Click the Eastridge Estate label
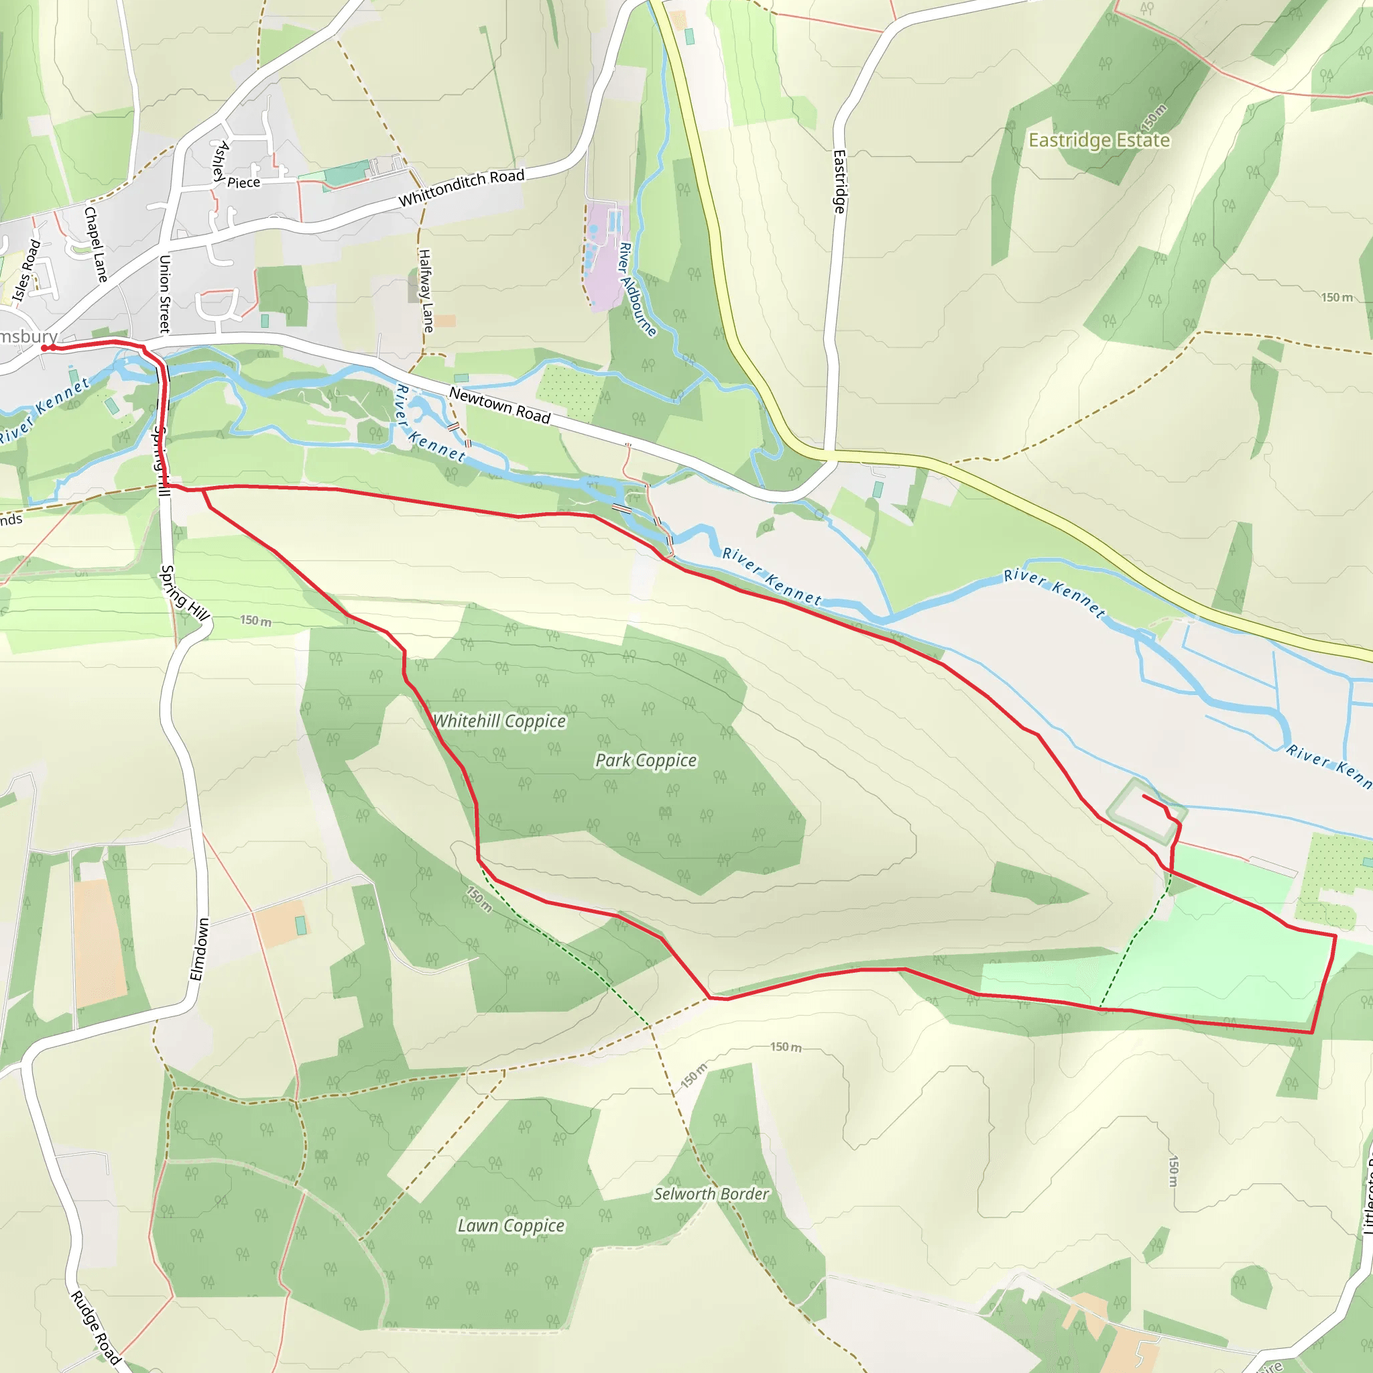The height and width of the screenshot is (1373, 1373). pyautogui.click(x=1099, y=140)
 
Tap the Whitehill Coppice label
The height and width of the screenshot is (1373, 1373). pyautogui.click(x=499, y=721)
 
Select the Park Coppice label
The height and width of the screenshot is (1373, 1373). pyautogui.click(x=646, y=760)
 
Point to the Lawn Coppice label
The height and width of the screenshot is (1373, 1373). pyautogui.click(x=510, y=1226)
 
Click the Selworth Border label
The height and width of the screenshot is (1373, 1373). pyautogui.click(x=711, y=1194)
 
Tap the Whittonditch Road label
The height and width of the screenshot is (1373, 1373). pyautogui.click(x=461, y=187)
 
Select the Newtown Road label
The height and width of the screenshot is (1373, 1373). pyautogui.click(x=499, y=406)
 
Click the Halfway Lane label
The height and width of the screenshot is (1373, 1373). pyautogui.click(x=426, y=290)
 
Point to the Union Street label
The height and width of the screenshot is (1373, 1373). pyautogui.click(x=164, y=294)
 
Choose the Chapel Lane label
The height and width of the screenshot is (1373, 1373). pyautogui.click(x=95, y=244)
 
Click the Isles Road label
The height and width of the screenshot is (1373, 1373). pyautogui.click(x=27, y=270)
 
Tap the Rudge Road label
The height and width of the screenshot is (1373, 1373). pyautogui.click(x=96, y=1327)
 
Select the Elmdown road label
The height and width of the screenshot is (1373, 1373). pyautogui.click(x=200, y=949)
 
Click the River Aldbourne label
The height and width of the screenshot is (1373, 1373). pyautogui.click(x=637, y=288)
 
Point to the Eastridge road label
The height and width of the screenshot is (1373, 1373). pyautogui.click(x=839, y=181)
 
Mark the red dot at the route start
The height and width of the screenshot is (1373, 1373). pyautogui.click(x=45, y=347)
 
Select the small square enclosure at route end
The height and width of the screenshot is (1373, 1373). pyautogui.click(x=1146, y=813)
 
